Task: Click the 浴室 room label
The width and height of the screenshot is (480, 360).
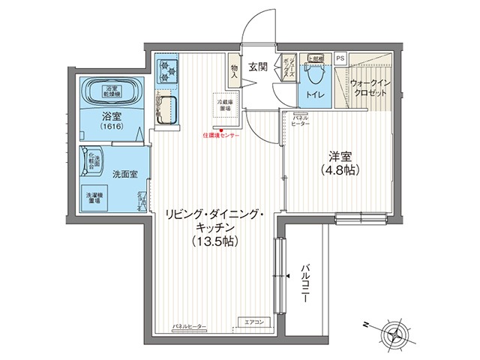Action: (x=112, y=116)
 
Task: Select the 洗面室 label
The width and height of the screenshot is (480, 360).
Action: (x=124, y=173)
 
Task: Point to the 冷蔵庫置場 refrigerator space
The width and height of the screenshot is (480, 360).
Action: (x=225, y=105)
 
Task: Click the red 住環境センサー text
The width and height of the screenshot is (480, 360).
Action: (x=221, y=136)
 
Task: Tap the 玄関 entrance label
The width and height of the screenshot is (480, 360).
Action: (x=259, y=67)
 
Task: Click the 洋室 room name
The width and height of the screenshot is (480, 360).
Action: (x=340, y=157)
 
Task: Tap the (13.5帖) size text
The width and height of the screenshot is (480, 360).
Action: (x=216, y=241)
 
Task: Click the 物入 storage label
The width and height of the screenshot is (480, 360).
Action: (x=234, y=70)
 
